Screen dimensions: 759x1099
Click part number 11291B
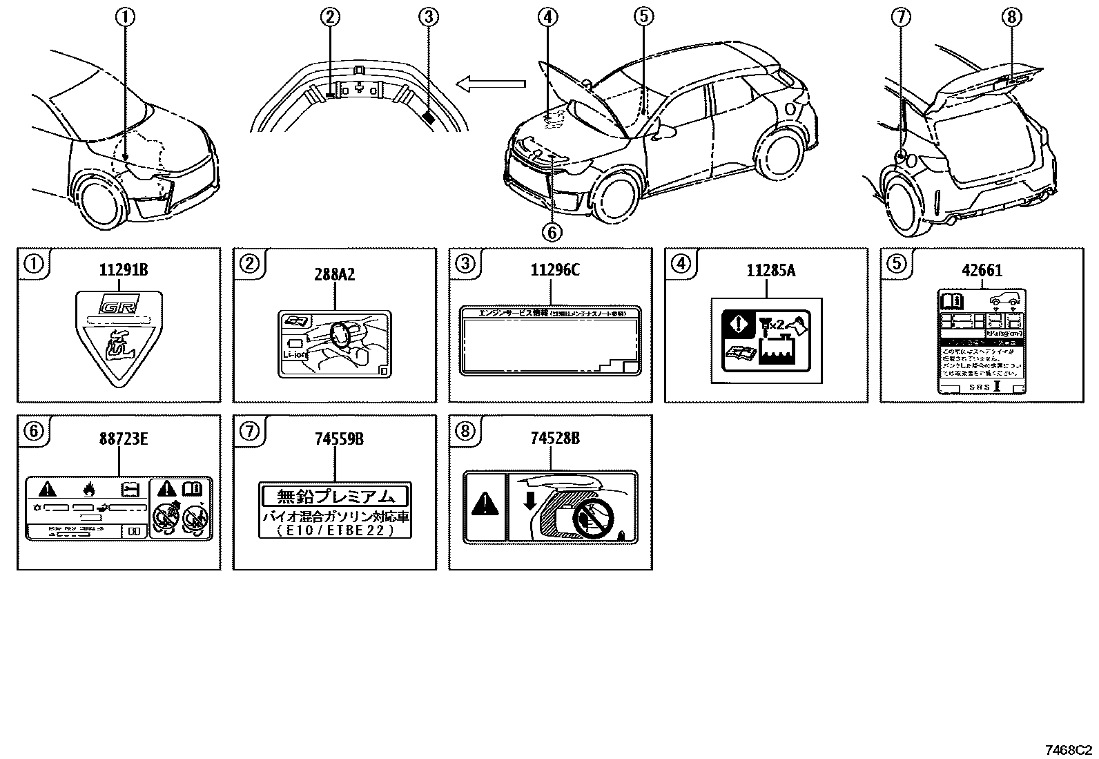point(124,270)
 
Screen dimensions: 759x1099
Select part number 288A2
point(335,274)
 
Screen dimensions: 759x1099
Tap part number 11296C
point(555,270)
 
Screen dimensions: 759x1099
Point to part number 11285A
point(770,270)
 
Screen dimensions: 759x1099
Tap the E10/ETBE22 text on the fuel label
point(335,530)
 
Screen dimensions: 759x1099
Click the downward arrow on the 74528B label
point(529,499)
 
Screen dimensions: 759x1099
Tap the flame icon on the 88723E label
point(88,490)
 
